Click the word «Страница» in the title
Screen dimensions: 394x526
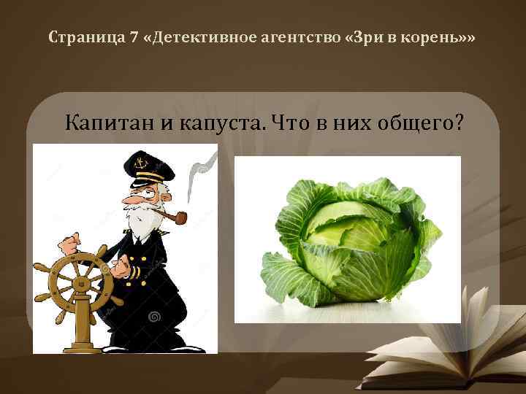pyautogui.click(x=78, y=36)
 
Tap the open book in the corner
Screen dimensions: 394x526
pyautogui.click(x=453, y=343)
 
